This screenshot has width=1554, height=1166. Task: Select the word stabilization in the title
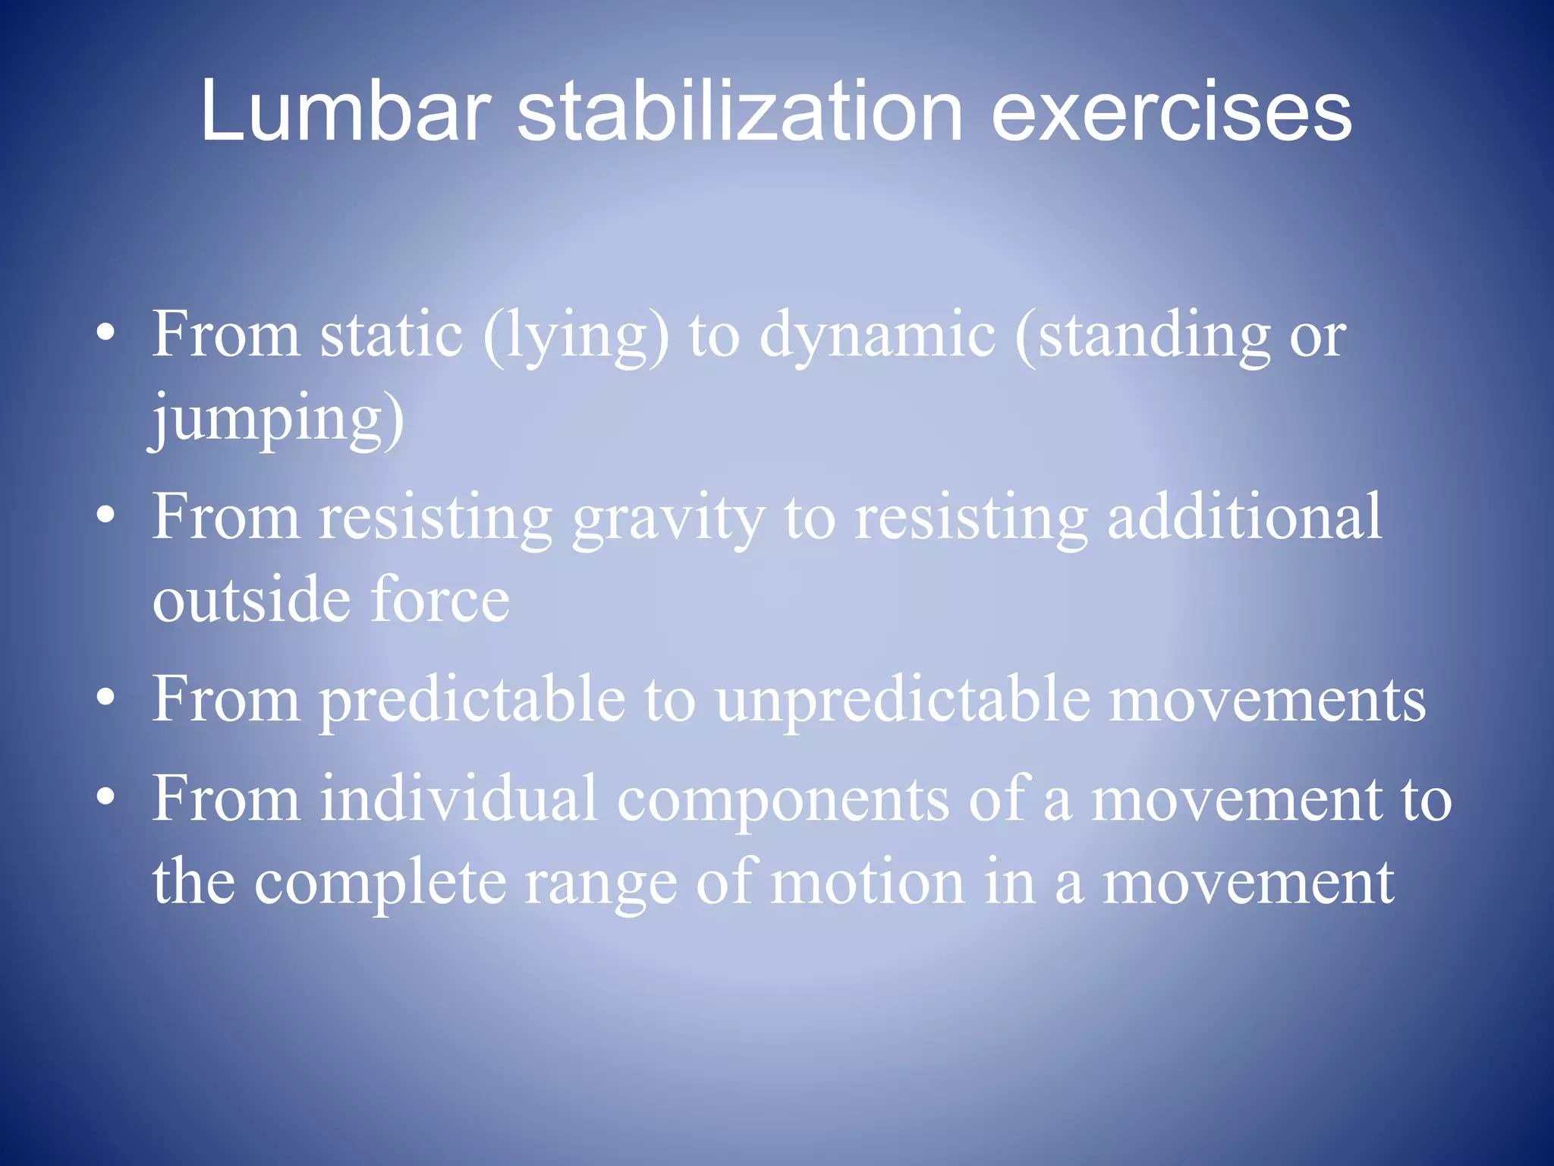click(740, 112)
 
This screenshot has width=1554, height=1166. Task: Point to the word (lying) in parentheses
click(576, 336)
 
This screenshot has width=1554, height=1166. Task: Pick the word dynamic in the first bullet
click(877, 336)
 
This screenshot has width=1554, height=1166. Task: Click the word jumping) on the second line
click(277, 419)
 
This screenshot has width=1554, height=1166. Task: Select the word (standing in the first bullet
click(1142, 336)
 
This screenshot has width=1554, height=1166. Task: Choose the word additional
click(1244, 516)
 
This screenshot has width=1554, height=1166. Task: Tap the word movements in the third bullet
click(1267, 699)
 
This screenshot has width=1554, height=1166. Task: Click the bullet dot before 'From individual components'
click(106, 796)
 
